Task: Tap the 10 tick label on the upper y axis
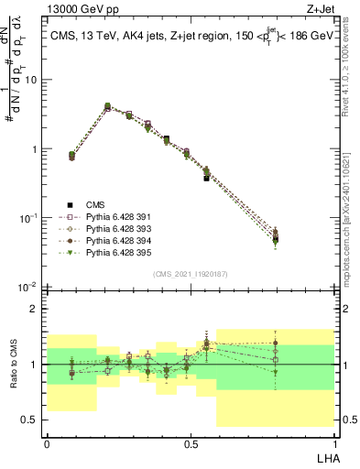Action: click(x=31, y=80)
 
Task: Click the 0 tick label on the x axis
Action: click(x=47, y=443)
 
